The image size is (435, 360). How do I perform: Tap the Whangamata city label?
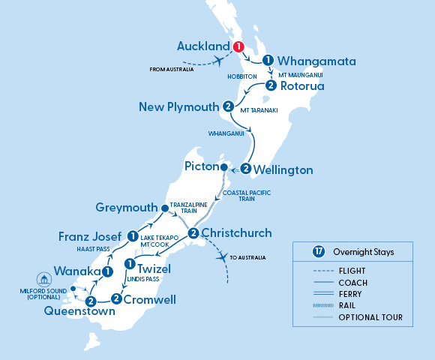[316, 61]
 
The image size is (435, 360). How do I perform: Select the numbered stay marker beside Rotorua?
[270, 85]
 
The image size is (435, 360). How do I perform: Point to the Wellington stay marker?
[244, 169]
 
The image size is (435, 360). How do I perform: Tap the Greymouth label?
[126, 206]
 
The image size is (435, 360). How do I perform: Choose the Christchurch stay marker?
[193, 233]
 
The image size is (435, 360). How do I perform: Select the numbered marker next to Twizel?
[130, 265]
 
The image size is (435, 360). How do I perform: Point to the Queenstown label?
[73, 311]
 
